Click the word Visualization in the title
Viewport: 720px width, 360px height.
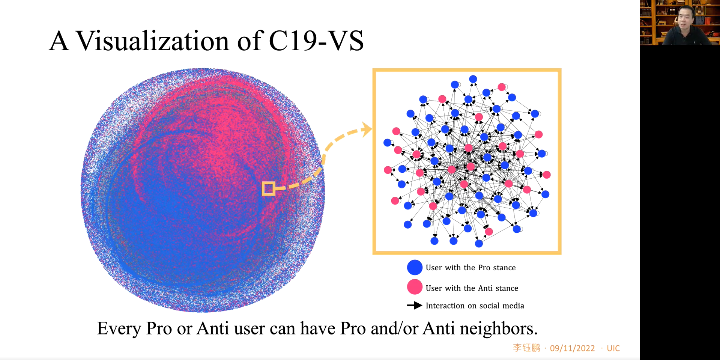pos(152,41)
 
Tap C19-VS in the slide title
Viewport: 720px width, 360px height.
pos(316,41)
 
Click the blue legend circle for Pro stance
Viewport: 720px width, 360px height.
pos(415,267)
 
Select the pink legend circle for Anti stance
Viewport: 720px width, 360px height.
pos(415,287)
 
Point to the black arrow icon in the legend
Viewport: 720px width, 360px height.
pos(415,306)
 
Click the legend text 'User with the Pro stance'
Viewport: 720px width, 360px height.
pos(470,268)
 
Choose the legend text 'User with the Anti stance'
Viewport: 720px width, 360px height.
pos(472,288)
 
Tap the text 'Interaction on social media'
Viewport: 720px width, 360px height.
pos(475,306)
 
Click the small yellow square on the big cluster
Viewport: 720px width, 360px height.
pos(268,188)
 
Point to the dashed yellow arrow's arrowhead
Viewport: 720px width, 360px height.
pos(366,130)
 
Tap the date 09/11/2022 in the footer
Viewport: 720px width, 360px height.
pos(572,348)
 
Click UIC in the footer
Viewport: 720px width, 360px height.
pos(613,348)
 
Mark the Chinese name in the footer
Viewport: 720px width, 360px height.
pos(526,348)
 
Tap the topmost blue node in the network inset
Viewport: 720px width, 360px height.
pos(473,79)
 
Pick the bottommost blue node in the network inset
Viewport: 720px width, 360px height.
pos(479,244)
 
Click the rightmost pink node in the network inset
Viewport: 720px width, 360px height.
pos(547,175)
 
